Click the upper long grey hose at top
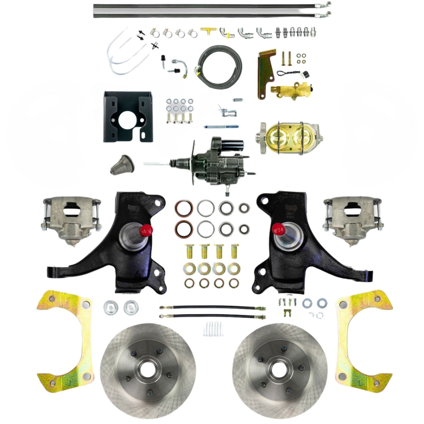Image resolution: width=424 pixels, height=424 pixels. pyautogui.click(x=209, y=5)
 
